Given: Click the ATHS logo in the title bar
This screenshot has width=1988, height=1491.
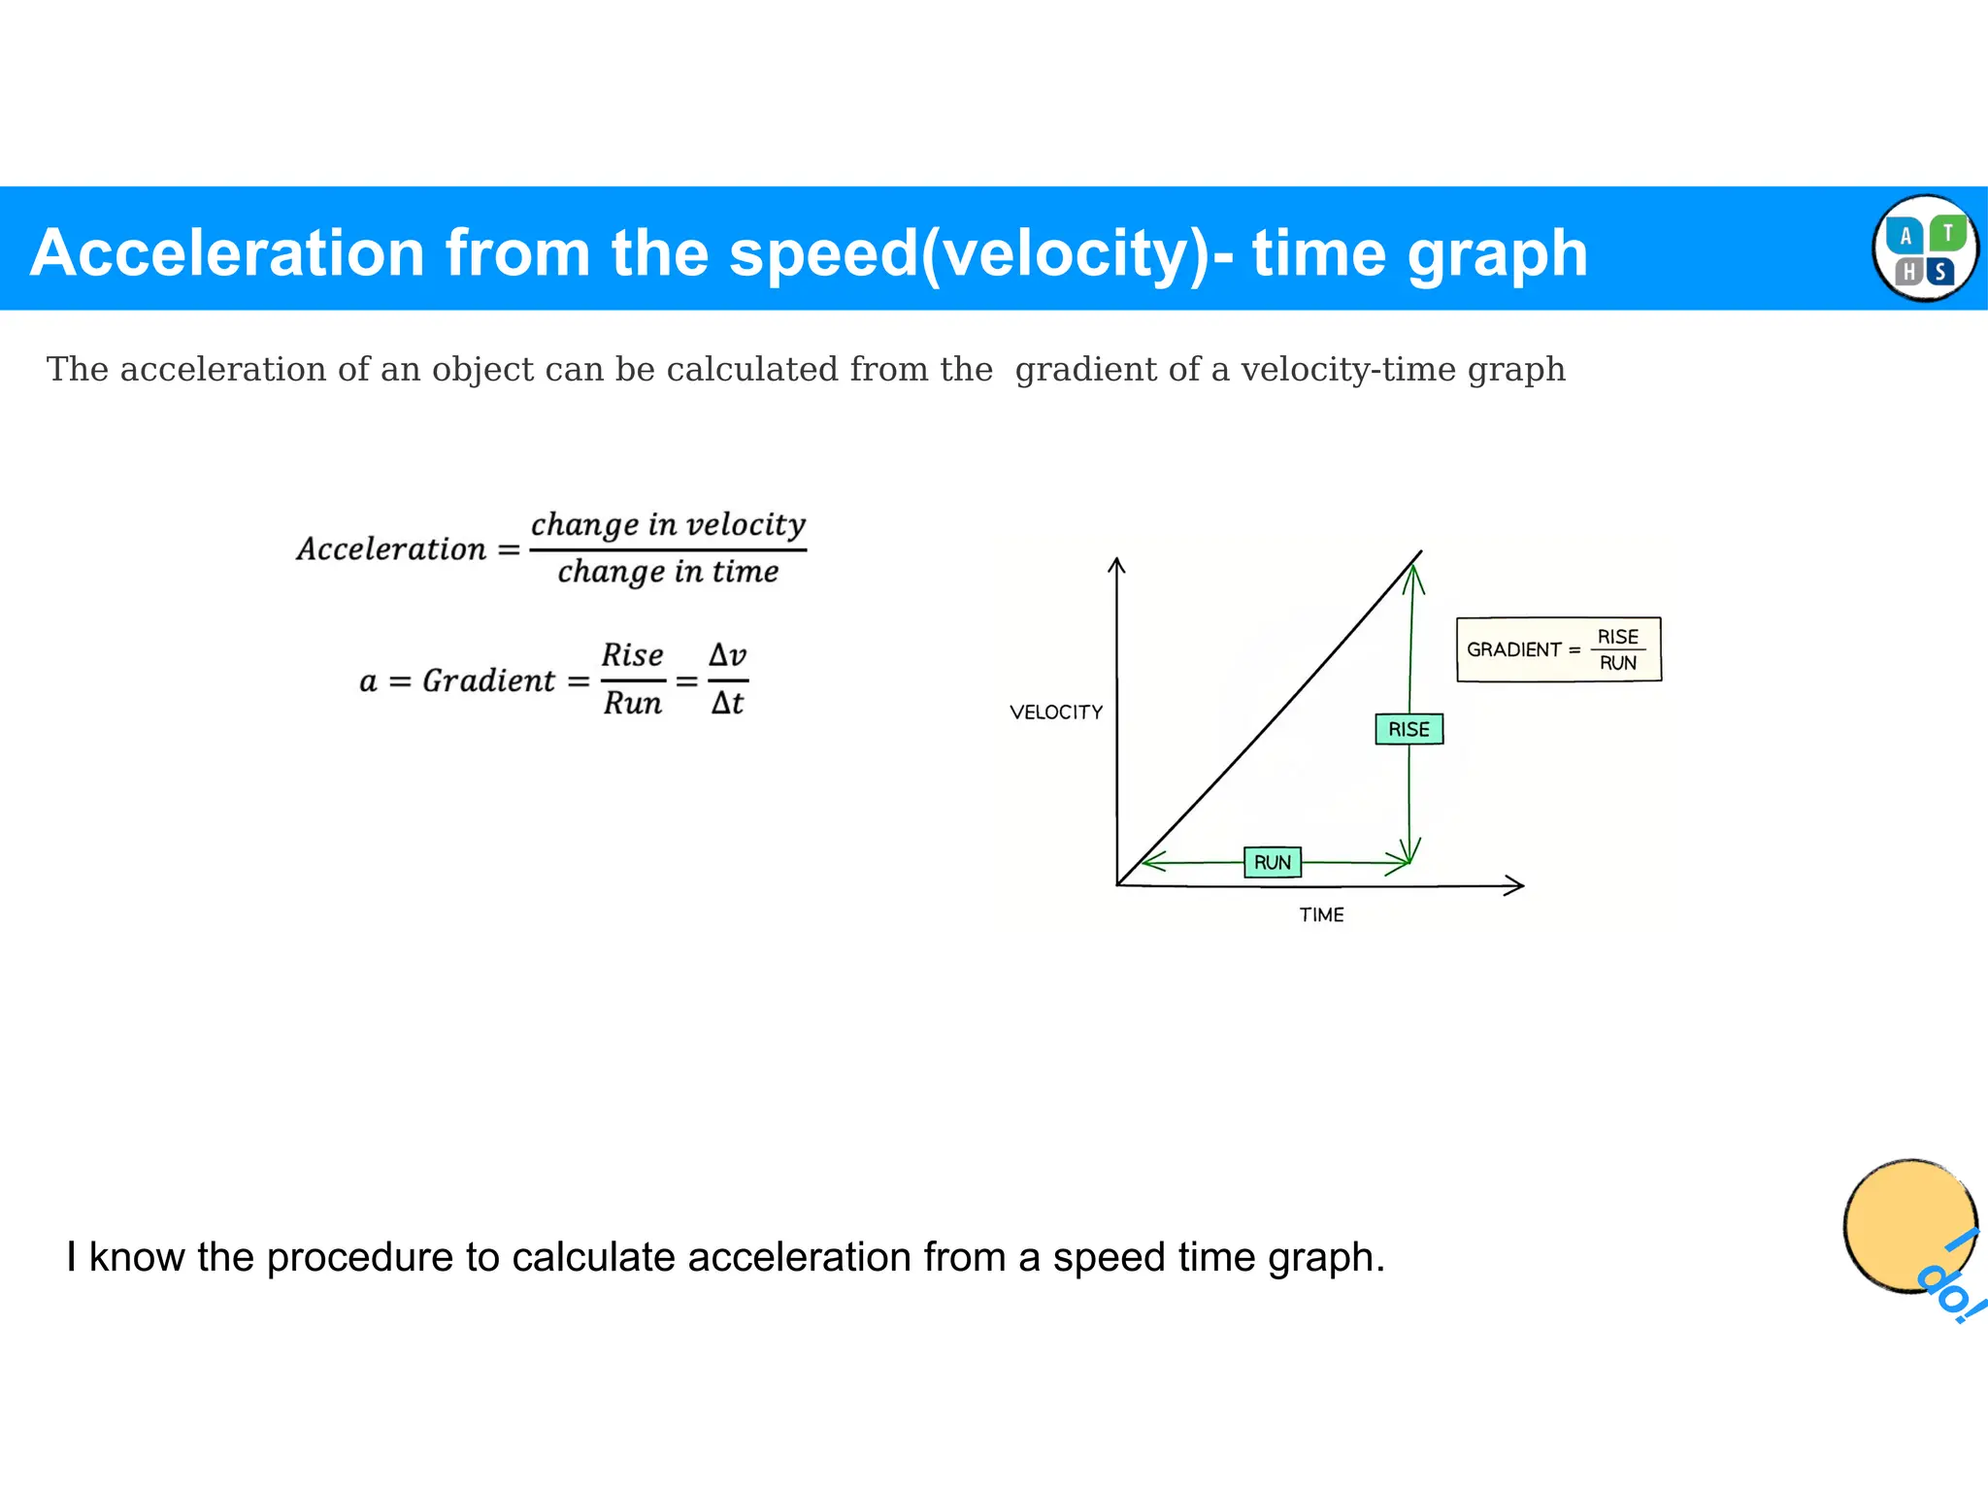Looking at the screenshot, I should click(1924, 248).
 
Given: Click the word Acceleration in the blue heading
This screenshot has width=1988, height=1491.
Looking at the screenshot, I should click(227, 253).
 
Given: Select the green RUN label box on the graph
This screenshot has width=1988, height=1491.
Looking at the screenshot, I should click(1272, 862).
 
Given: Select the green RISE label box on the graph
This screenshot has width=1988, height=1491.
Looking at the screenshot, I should click(1408, 729).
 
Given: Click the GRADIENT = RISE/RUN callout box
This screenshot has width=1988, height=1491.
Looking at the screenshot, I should click(1558, 649).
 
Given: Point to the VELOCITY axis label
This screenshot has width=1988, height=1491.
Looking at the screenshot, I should click(1056, 712).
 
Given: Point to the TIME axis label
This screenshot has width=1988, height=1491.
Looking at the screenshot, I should click(1321, 915).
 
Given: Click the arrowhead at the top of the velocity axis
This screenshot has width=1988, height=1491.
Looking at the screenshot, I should click(1117, 564).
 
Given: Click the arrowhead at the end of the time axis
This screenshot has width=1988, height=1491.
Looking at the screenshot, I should click(1516, 885).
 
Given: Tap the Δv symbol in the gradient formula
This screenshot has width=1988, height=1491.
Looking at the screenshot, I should click(727, 654).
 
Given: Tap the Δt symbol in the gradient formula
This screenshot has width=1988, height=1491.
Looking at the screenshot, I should click(727, 703).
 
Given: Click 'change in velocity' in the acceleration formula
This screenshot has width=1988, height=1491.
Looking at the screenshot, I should click(668, 524).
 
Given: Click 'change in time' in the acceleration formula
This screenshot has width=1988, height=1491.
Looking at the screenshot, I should click(668, 572).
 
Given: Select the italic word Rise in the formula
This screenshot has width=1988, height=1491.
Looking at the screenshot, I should click(632, 655).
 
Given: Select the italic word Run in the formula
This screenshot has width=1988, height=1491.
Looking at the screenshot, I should click(632, 703).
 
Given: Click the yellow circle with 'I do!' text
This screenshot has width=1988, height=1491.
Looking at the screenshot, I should click(1910, 1226).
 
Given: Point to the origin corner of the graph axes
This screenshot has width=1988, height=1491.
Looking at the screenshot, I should click(1118, 884).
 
